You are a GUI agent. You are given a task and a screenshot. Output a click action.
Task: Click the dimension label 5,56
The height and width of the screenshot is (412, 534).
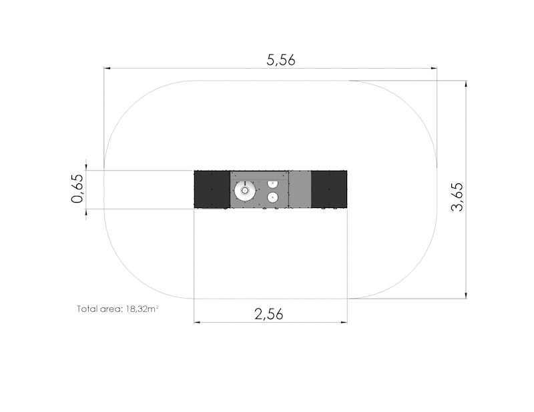tap(281, 60)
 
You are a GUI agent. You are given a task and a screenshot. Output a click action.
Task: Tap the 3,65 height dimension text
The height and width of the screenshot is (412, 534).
tap(457, 197)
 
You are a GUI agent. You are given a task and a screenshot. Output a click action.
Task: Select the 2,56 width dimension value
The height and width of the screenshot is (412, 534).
tap(269, 314)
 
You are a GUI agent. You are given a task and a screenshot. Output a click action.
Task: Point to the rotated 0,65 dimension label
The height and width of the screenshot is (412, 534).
tap(77, 189)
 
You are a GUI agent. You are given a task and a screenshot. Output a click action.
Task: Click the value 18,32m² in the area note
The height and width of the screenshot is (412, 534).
tap(142, 309)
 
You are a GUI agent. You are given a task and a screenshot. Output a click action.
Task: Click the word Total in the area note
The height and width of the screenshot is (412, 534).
tap(85, 309)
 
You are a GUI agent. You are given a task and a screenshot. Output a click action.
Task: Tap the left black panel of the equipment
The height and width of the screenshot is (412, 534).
tap(212, 189)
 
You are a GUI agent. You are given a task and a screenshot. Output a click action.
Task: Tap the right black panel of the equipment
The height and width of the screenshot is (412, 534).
tap(329, 189)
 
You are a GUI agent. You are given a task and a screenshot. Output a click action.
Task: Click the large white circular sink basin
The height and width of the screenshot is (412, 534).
tap(245, 191)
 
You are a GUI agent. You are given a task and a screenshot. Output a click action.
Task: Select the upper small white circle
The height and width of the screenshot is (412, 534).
tap(272, 183)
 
